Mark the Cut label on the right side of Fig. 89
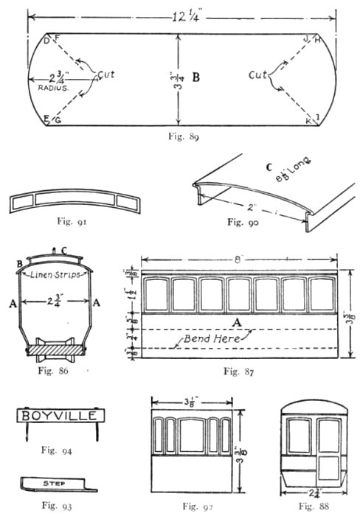point(258,75)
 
